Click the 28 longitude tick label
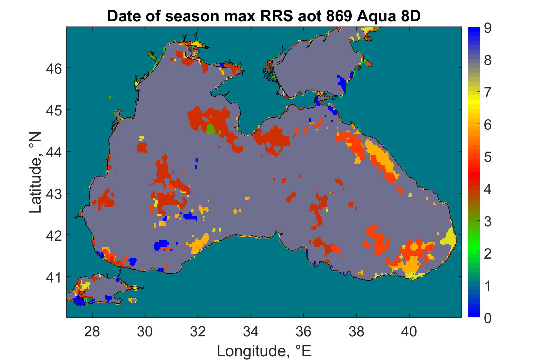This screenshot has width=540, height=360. [x=92, y=332]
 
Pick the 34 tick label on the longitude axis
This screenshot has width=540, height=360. [x=251, y=332]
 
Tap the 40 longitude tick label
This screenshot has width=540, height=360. [x=410, y=332]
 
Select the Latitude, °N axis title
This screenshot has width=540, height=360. [x=36, y=173]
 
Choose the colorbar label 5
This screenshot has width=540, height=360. [x=488, y=158]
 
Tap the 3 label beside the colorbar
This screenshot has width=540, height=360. [x=488, y=222]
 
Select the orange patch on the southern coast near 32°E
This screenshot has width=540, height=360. [x=199, y=242]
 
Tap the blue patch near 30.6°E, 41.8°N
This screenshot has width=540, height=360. [x=161, y=245]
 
